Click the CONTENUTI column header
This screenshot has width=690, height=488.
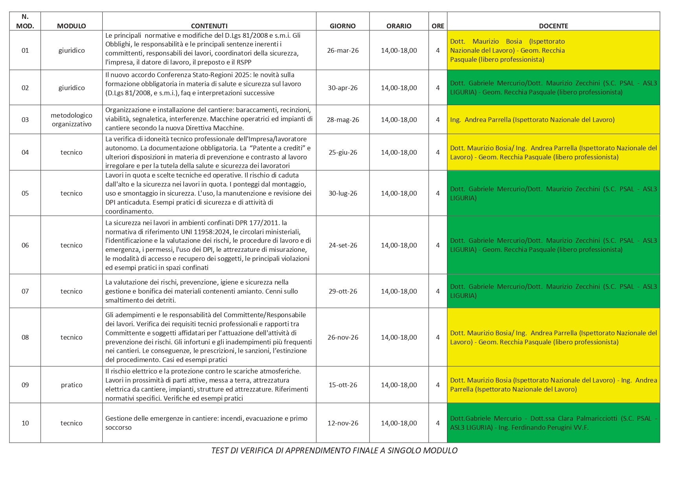point(209,26)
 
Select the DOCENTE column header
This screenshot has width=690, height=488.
point(553,26)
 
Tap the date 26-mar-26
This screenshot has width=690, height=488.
point(343,50)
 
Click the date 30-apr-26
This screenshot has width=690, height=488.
point(343,88)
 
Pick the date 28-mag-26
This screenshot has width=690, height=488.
point(343,120)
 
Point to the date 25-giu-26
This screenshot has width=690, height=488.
point(343,152)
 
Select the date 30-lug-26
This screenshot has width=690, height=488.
point(343,193)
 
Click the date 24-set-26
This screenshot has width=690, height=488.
point(343,245)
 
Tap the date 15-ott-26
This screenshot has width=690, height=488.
point(343,385)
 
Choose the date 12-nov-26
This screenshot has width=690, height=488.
point(343,423)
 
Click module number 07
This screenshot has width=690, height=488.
point(25,291)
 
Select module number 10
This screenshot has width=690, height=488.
point(25,423)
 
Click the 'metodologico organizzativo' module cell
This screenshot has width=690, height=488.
point(72,120)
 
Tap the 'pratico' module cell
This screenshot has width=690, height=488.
point(72,385)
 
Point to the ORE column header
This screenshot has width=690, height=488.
point(438,26)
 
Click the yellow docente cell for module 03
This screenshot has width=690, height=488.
point(553,120)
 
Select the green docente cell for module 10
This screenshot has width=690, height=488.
point(553,423)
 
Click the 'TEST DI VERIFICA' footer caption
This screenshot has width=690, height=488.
point(334,451)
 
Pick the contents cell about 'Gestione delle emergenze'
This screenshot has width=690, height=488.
point(209,423)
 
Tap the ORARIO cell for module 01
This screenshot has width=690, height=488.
point(399,50)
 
